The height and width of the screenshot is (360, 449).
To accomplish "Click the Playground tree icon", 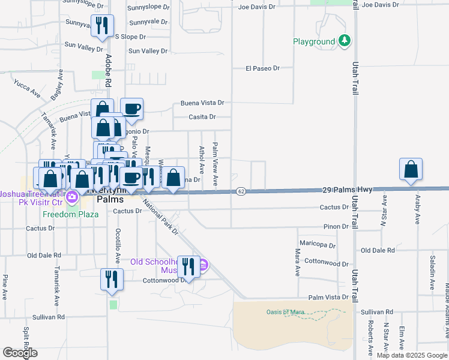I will click(x=345, y=41).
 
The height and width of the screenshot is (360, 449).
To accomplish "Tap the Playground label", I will click(x=314, y=42).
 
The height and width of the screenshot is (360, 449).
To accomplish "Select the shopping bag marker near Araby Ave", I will click(x=411, y=170).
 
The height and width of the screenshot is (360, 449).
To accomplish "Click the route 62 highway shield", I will click(x=241, y=191).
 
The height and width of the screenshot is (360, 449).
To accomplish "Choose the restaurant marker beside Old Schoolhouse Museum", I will click(x=189, y=268).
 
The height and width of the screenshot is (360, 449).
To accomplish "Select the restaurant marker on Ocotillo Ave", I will click(x=112, y=280).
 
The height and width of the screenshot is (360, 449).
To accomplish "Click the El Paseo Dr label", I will click(x=263, y=68).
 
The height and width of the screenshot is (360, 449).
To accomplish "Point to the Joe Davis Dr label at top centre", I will click(x=256, y=7).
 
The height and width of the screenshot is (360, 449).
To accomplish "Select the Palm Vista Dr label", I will click(x=328, y=297).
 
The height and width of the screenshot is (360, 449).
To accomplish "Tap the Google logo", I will click(x=20, y=353).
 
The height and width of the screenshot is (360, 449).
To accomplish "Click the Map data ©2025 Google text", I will click(x=412, y=355).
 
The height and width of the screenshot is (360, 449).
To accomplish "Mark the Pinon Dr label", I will click(x=336, y=227).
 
